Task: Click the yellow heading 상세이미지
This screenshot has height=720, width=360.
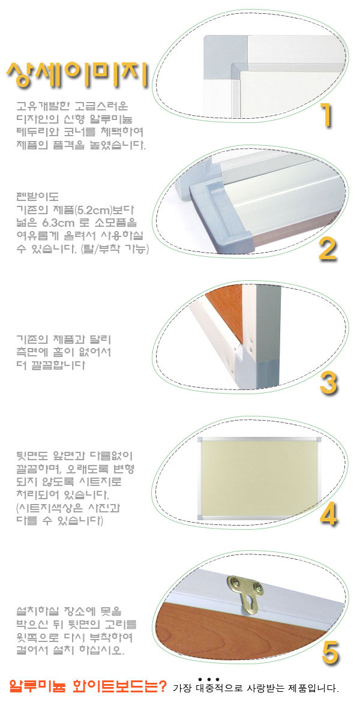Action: [x=77, y=75]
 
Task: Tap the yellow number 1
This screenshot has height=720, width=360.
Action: [x=326, y=115]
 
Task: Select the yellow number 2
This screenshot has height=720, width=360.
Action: [x=327, y=250]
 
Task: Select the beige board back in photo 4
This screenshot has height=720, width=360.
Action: [x=259, y=478]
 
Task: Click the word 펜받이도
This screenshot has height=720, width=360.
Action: [x=38, y=196]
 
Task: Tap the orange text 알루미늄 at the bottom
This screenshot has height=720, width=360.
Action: [x=38, y=686]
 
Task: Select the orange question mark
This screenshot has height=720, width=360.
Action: [x=163, y=686]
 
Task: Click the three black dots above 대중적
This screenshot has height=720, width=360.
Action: [x=209, y=679]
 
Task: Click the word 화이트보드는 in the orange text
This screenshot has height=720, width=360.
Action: [x=115, y=686]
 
